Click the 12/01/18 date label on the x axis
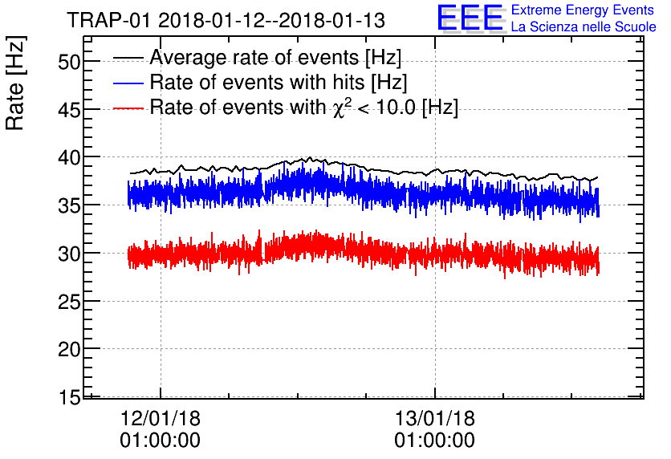[161, 419]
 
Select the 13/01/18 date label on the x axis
[435, 419]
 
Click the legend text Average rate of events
[275, 58]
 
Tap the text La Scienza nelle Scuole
[584, 27]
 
